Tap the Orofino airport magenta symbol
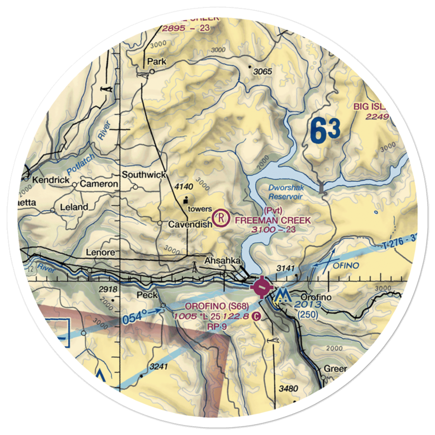261,287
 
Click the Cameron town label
98,184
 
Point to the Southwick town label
144,175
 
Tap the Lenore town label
100,252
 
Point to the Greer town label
335,369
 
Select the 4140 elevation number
183,187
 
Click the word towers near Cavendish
199,209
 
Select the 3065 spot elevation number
262,71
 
